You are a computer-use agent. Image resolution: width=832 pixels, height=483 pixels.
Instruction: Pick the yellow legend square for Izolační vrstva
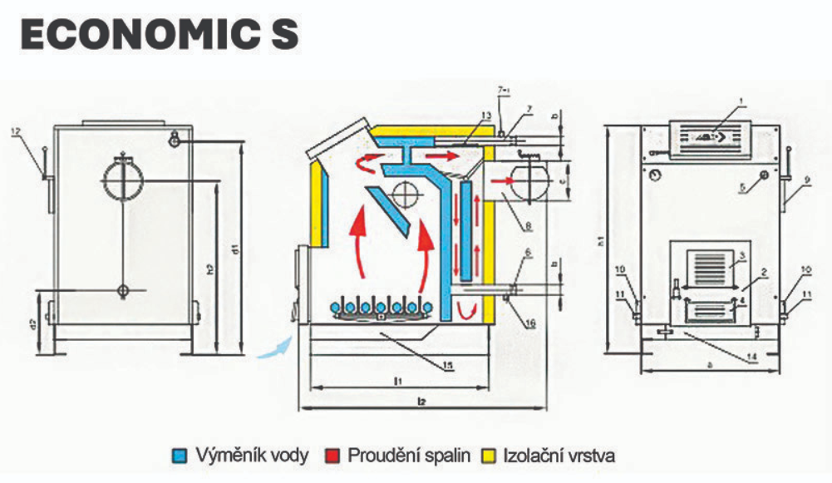(490, 456)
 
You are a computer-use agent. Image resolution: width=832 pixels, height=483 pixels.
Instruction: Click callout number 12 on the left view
(17, 131)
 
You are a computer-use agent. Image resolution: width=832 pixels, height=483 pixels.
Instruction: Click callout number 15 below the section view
(447, 363)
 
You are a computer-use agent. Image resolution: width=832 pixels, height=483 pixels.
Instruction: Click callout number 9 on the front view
(805, 178)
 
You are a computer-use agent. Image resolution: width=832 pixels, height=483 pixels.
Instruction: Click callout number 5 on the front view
(742, 188)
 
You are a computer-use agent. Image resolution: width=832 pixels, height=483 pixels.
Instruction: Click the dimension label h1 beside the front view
(601, 242)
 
